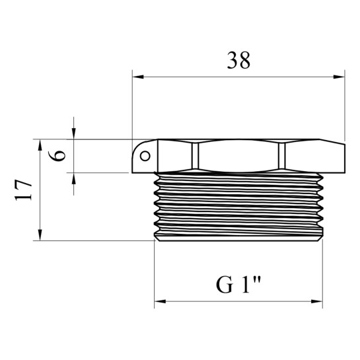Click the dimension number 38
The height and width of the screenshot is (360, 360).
coord(238,60)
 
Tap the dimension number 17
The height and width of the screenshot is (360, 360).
coord(23,190)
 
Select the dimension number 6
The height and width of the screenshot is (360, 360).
coord(57,156)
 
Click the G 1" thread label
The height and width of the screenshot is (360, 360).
coord(238,285)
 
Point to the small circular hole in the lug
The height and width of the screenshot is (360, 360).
coord(145,156)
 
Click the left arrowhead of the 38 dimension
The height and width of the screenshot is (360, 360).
coord(138,77)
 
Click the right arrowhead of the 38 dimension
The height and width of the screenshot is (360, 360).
coord(339,77)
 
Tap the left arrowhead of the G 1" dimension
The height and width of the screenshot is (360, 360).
coord(161,301)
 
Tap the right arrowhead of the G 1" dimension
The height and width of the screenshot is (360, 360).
coord(317,301)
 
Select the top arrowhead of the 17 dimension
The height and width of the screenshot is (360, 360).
coord(40,145)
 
